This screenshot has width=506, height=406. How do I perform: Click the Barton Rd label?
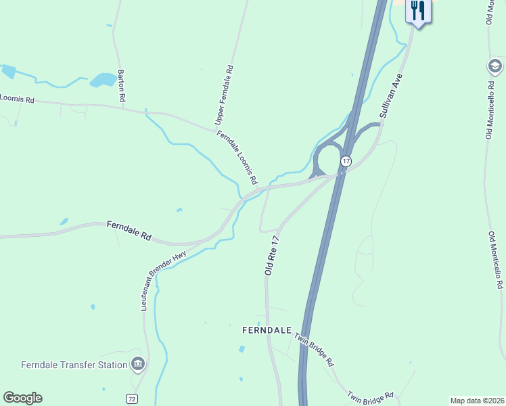(122, 85)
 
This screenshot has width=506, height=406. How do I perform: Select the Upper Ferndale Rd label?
(223, 95)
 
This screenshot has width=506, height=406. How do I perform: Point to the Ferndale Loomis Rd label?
(237, 158)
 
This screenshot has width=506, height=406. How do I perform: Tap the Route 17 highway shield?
(346, 161)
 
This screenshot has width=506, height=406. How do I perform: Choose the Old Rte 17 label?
(273, 255)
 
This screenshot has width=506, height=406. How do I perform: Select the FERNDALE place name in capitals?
(267, 330)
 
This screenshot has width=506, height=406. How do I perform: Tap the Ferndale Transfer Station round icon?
(138, 365)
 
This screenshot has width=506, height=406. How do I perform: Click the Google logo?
(22, 398)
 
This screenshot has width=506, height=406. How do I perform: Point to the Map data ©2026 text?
(476, 401)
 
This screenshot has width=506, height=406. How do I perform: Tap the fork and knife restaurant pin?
(418, 11)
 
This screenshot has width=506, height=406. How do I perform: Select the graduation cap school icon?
(495, 66)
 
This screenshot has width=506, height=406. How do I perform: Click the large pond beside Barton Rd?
(103, 80)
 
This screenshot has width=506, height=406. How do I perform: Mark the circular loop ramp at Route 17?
(327, 160)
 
